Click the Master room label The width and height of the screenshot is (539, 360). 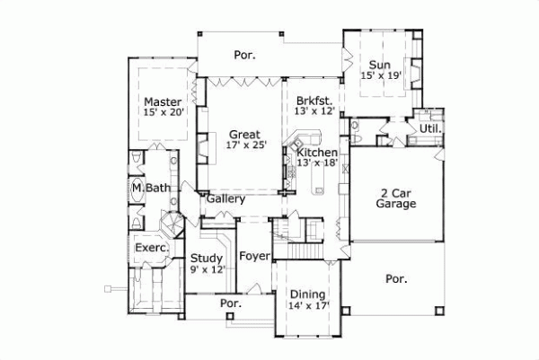click(163, 101)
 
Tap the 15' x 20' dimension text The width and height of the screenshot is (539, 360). click(163, 113)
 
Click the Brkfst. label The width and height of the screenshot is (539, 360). click(314, 101)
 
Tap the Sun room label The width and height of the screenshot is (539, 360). click(379, 65)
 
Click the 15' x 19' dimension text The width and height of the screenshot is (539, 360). click(380, 77)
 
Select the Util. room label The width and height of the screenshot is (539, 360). click(430, 130)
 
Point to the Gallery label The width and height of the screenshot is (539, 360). click(225, 198)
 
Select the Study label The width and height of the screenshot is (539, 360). click(207, 258)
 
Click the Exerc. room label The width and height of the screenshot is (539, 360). click(148, 247)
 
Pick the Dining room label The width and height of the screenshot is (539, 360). click(307, 294)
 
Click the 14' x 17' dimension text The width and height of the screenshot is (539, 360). click(308, 306)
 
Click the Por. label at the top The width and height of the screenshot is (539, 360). click(245, 55)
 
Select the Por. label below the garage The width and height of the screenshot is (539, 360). click(396, 279)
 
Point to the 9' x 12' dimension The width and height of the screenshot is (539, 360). click(208, 269)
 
